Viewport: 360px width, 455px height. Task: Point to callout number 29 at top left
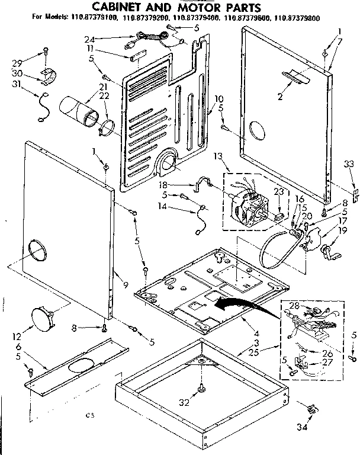(x=18, y=62)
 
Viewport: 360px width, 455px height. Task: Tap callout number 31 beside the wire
(x=17, y=84)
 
